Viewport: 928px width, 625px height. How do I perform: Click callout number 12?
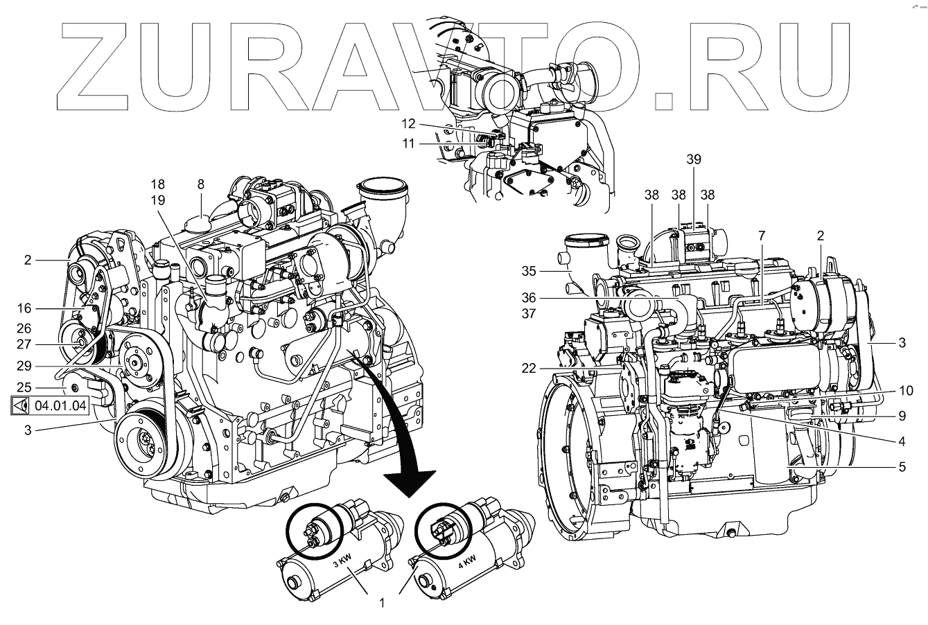(x=409, y=123)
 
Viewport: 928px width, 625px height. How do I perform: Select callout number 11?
(x=409, y=143)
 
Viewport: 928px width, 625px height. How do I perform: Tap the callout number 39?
(x=694, y=159)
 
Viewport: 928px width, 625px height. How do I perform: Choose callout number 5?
(x=902, y=468)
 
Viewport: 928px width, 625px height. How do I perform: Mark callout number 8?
(x=200, y=184)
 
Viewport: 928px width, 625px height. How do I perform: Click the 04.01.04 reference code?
(x=61, y=406)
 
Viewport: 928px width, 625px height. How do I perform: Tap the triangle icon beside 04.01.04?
(x=21, y=406)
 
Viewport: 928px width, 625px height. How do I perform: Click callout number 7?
(x=761, y=236)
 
